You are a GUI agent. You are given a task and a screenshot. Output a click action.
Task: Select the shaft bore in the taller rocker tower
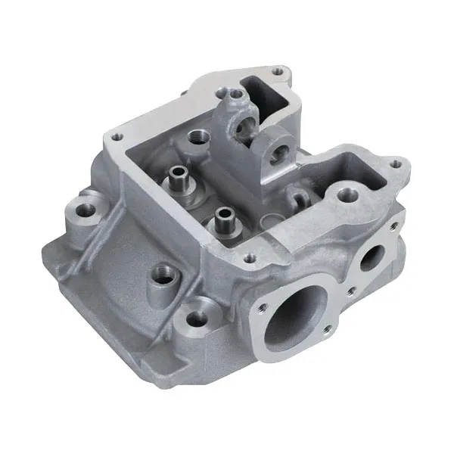point(247,131)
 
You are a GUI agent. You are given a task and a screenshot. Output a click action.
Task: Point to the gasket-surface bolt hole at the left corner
point(116,137)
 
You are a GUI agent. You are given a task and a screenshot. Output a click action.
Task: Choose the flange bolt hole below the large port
point(328,329)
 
